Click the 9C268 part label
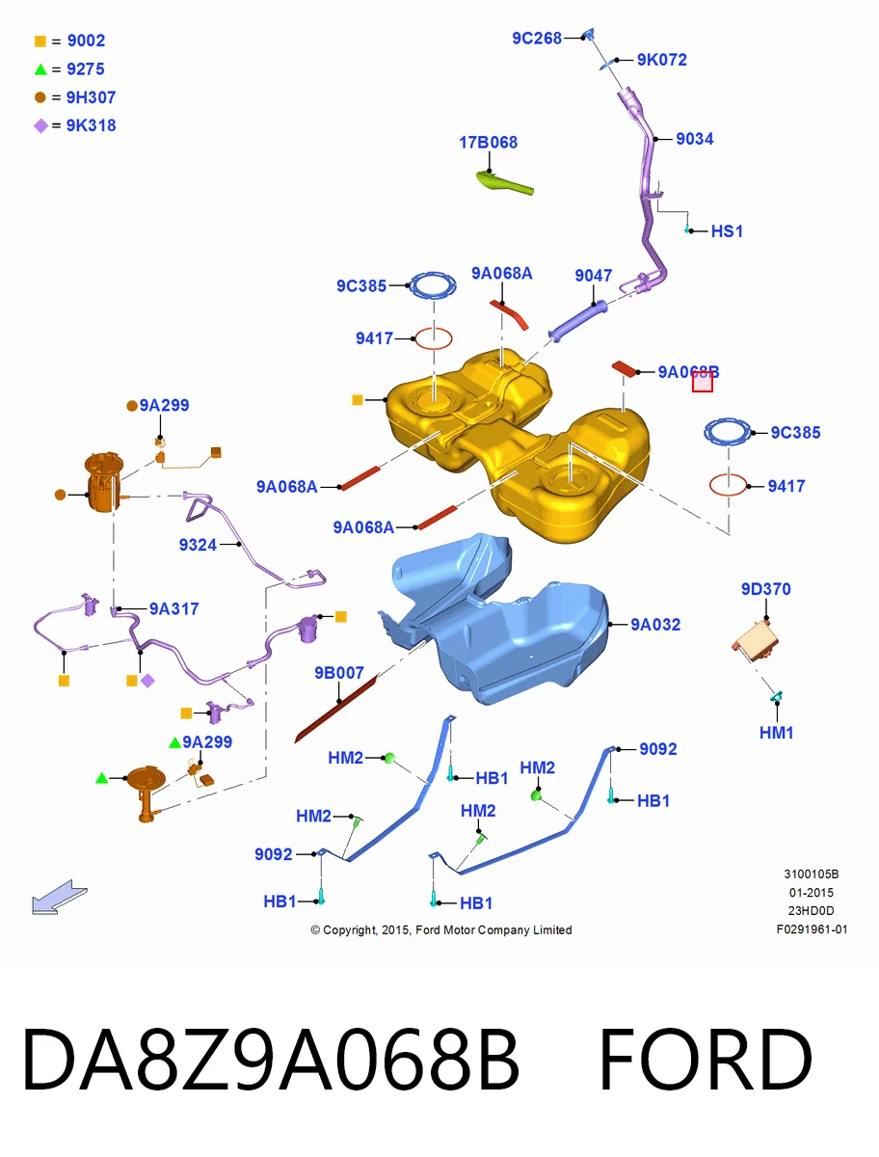click(537, 39)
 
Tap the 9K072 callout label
click(661, 60)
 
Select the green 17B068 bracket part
click(504, 182)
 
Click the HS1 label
click(727, 231)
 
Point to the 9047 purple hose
click(577, 321)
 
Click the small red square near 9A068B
click(702, 381)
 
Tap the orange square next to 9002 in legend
click(40, 41)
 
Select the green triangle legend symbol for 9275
click(40, 69)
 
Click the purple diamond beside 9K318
click(40, 126)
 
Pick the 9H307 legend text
click(91, 97)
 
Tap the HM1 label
click(776, 733)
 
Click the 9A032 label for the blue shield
click(655, 625)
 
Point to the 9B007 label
click(338, 673)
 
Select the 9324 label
click(198, 545)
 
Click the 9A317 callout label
click(173, 609)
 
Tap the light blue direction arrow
click(59, 897)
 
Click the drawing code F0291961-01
click(812, 929)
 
